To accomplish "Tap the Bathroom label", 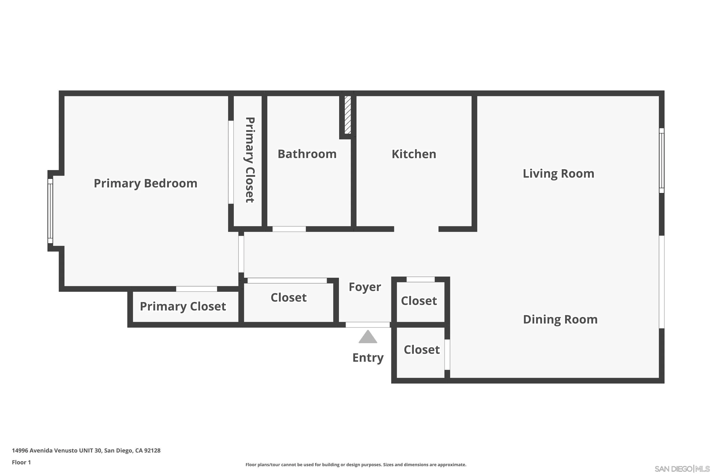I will (307, 154).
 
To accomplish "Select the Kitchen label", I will (414, 154).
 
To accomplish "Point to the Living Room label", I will (558, 174).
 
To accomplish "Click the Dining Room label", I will (560, 319).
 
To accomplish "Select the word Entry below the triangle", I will (368, 358).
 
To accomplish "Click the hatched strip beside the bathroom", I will (347, 115).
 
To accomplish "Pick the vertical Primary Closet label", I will (250, 160).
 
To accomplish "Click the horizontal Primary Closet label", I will (183, 306).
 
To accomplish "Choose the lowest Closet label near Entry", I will (422, 350).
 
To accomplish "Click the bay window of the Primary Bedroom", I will (50, 211).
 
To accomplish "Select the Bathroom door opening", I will (289, 229).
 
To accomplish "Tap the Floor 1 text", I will (21, 462).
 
